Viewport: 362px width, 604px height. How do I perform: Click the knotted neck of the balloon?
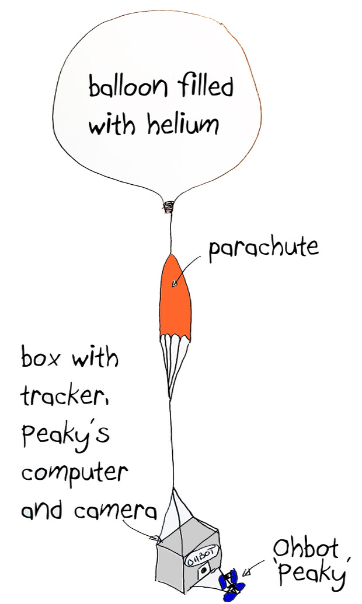(x=168, y=207)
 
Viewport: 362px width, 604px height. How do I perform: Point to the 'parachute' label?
(x=263, y=248)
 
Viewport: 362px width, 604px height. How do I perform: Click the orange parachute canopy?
(x=175, y=297)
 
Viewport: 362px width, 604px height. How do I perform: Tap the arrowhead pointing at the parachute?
(x=175, y=284)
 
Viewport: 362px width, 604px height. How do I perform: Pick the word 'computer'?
(x=74, y=473)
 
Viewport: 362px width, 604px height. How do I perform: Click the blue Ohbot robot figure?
(x=231, y=586)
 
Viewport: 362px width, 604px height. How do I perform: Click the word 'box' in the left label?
(x=40, y=357)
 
